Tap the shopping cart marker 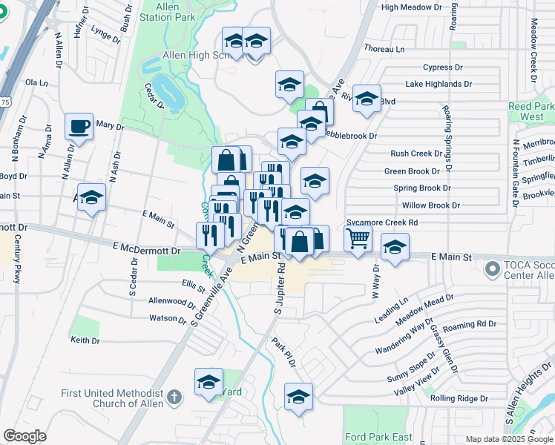pos(358,239)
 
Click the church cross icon pos(174,397)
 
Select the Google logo pos(24,436)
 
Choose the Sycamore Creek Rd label pos(382,222)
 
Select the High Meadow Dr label pos(410,7)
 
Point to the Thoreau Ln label pos(385,48)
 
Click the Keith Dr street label pos(85,340)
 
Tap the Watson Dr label pos(168,320)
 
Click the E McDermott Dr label pos(147,251)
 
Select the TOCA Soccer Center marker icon pos(491,267)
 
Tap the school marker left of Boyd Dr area pos(92,198)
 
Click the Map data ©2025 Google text pos(508,439)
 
